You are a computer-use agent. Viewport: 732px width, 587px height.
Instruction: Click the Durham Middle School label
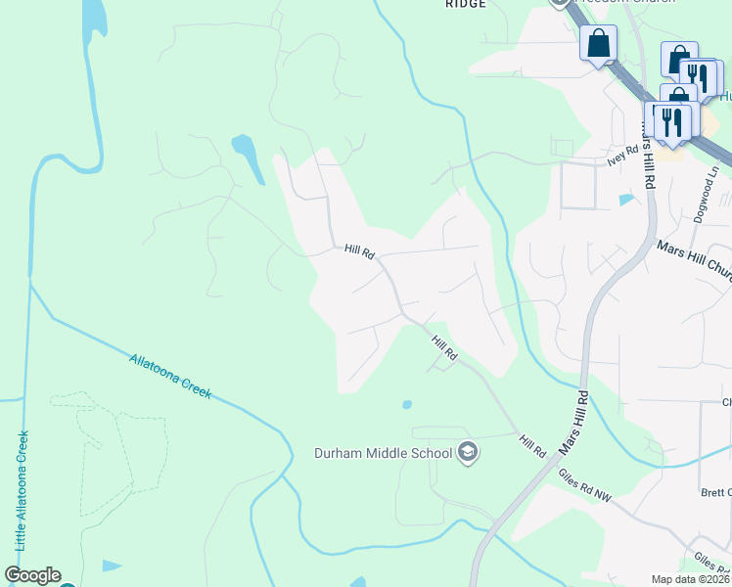pyautogui.click(x=383, y=452)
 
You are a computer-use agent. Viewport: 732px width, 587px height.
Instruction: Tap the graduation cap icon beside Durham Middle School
pyautogui.click(x=468, y=451)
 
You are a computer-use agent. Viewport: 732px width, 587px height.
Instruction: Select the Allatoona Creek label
pyautogui.click(x=170, y=376)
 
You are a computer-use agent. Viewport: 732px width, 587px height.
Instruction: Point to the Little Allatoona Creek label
pyautogui.click(x=21, y=489)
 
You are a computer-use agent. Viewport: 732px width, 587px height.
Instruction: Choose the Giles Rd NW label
pyautogui.click(x=584, y=485)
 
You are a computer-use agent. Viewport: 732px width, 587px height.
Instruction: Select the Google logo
pyautogui.click(x=32, y=575)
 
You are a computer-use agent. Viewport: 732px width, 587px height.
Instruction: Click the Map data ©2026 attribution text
pyautogui.click(x=691, y=579)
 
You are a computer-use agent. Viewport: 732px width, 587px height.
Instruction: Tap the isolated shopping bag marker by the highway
pyautogui.click(x=598, y=44)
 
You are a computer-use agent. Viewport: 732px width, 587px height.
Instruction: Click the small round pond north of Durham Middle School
pyautogui.click(x=406, y=404)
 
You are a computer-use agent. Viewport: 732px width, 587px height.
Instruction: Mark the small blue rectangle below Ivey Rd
pyautogui.click(x=625, y=200)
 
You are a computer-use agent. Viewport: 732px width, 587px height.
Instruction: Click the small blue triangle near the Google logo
pyautogui.click(x=112, y=565)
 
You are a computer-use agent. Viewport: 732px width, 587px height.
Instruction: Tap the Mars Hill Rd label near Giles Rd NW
pyautogui.click(x=574, y=422)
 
